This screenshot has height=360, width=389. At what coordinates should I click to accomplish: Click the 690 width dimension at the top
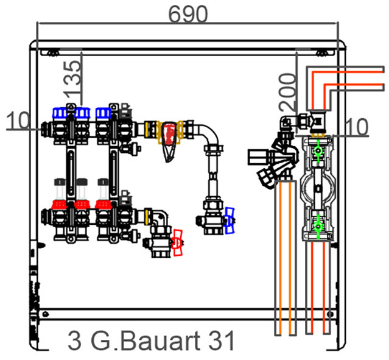click(x=187, y=15)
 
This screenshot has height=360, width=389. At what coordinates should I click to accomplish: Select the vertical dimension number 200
click(x=288, y=92)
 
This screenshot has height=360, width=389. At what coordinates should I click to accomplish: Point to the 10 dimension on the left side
click(x=18, y=120)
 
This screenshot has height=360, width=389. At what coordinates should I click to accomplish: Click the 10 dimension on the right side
click(x=357, y=127)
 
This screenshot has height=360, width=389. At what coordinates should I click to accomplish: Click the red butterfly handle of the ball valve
click(x=178, y=242)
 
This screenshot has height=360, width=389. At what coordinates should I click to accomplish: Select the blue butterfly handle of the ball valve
click(x=230, y=221)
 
